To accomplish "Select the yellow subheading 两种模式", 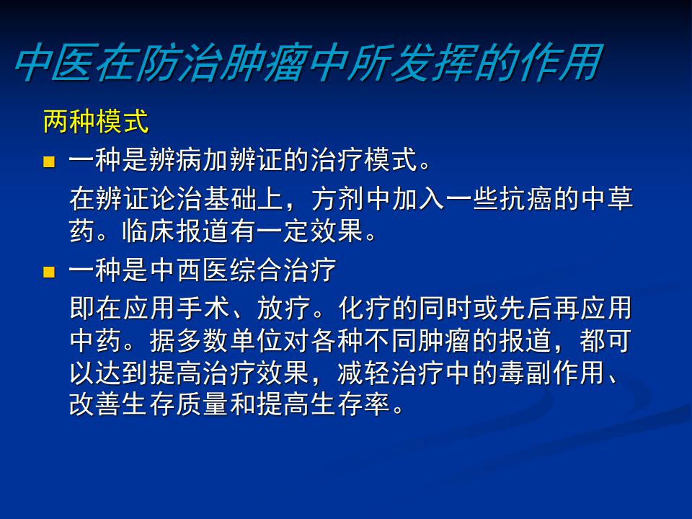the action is pyautogui.click(x=96, y=121).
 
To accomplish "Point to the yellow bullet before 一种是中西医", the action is pyautogui.click(x=49, y=272).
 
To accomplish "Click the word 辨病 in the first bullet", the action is pyautogui.click(x=176, y=159).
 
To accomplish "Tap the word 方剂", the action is pyautogui.click(x=338, y=199).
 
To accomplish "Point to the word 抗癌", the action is pyautogui.click(x=526, y=199).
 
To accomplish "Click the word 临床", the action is pyautogui.click(x=148, y=231).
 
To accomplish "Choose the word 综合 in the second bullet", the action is pyautogui.click(x=257, y=270).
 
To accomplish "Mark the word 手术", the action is pyautogui.click(x=203, y=309).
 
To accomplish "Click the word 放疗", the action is pyautogui.click(x=284, y=309).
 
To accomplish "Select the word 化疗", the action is pyautogui.click(x=365, y=309).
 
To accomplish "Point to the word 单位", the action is pyautogui.click(x=257, y=340).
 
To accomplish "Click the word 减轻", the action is pyautogui.click(x=365, y=373).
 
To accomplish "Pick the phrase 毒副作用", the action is pyautogui.click(x=552, y=373).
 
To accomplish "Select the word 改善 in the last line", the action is pyautogui.click(x=95, y=404).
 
